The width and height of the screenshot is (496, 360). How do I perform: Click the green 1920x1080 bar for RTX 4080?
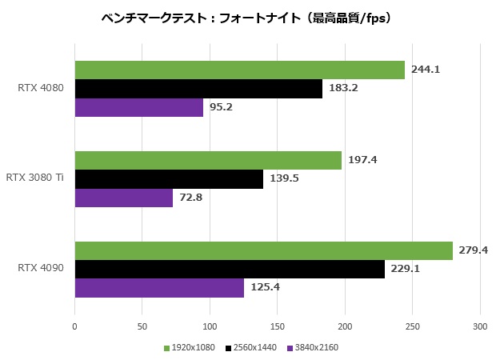pyautogui.click(x=239, y=70)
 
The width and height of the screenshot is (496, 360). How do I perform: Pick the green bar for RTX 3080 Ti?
pyautogui.click(x=208, y=160)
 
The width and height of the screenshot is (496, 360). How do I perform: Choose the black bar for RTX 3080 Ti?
pyautogui.click(x=169, y=179)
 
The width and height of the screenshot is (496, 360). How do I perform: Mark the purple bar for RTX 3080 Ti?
pyautogui.click(x=123, y=198)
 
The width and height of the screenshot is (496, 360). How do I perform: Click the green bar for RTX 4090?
pyautogui.click(x=263, y=250)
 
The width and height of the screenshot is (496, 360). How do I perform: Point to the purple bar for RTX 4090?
pyautogui.click(x=159, y=287)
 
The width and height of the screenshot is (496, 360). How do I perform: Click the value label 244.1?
pyautogui.click(x=426, y=70)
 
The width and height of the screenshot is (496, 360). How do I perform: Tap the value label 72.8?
pyautogui.click(x=191, y=198)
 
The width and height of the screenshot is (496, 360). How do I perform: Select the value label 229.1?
pyautogui.click(x=406, y=269)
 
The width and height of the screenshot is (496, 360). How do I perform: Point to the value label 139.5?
pyautogui.click(x=284, y=179)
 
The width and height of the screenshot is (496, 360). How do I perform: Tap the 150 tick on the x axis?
pyautogui.click(x=277, y=326)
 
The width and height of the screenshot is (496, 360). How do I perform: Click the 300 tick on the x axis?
pyautogui.click(x=479, y=326)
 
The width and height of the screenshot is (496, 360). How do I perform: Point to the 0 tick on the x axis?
pyautogui.click(x=74, y=326)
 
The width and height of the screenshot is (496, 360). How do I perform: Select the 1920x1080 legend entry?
pyautogui.click(x=190, y=348)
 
